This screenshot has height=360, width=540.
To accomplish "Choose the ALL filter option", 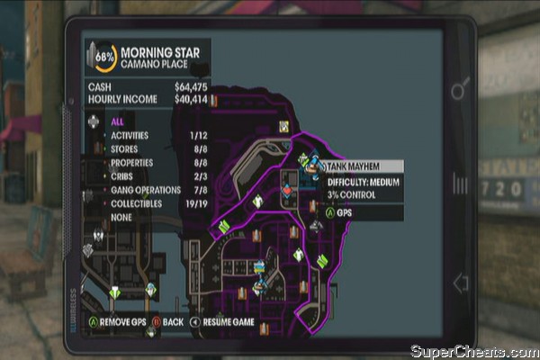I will (117, 120).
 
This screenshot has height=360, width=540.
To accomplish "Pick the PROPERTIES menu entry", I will (131, 162).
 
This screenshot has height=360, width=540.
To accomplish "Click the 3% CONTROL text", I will (353, 194).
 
